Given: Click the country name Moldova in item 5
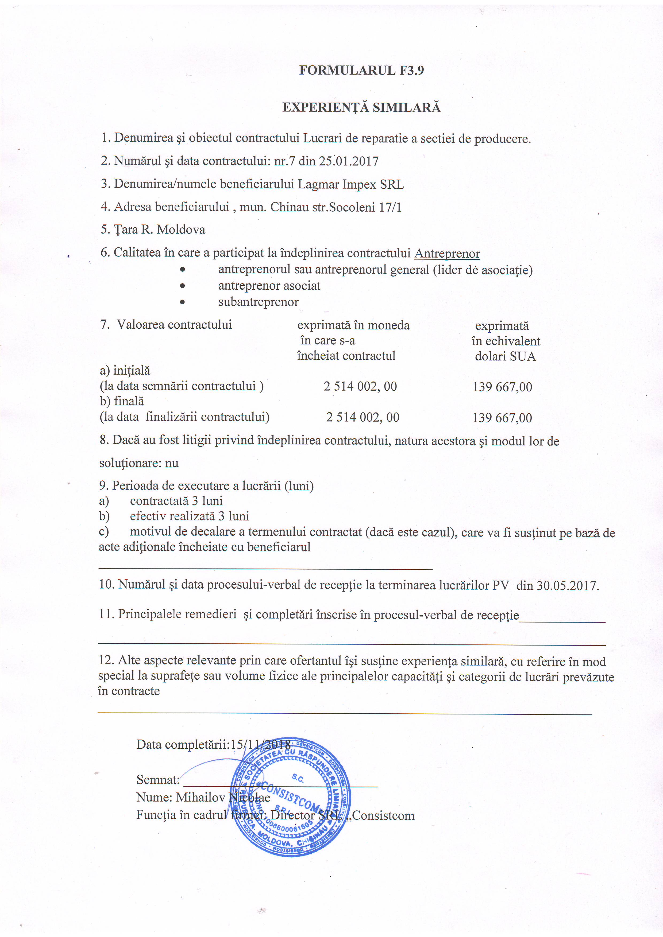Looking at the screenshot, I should [181, 230].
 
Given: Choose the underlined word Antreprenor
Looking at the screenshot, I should [447, 254].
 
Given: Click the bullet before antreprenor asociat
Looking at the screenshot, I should [183, 286].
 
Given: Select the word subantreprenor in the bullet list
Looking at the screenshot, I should [259, 302].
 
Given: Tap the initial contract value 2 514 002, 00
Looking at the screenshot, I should [360, 386].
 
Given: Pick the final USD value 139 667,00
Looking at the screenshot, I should [502, 418].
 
